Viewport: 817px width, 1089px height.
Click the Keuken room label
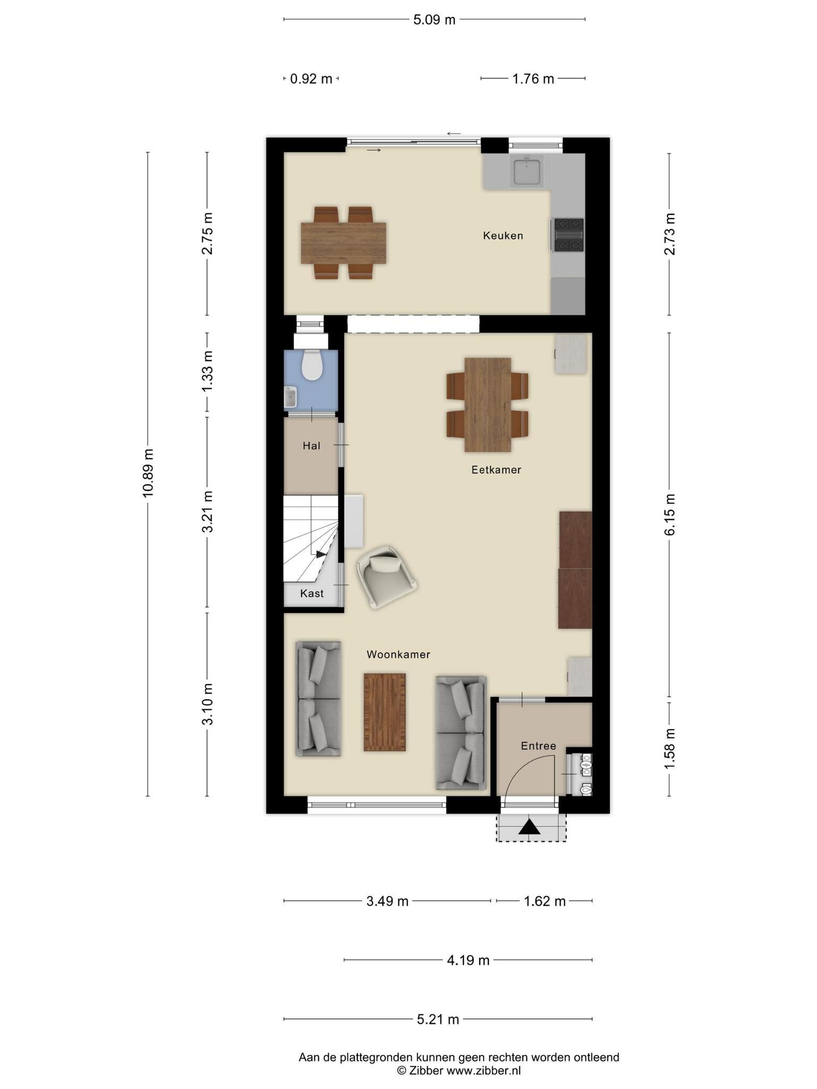tap(503, 235)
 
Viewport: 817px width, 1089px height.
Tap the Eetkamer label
tap(496, 470)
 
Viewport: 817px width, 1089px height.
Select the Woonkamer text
tap(398, 655)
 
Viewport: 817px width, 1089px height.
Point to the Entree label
tap(538, 746)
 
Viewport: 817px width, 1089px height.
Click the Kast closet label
tap(312, 593)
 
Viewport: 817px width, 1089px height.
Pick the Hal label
tap(312, 446)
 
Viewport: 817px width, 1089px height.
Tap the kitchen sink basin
tap(526, 171)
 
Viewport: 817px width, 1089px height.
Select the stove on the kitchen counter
tap(569, 234)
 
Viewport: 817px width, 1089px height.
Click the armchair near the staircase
tap(387, 576)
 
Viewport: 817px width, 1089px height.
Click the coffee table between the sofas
tap(385, 712)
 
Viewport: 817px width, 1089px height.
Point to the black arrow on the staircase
tap(321, 554)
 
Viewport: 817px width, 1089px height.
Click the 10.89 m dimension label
tap(148, 473)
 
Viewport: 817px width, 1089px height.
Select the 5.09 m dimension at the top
tap(435, 20)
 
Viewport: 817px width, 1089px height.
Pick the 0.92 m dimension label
tap(311, 79)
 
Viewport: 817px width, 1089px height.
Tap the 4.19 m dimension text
tap(468, 960)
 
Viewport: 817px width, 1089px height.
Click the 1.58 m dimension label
tap(670, 748)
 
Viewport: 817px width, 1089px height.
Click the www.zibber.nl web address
tap(483, 1070)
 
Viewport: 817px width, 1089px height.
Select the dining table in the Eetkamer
tap(488, 405)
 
